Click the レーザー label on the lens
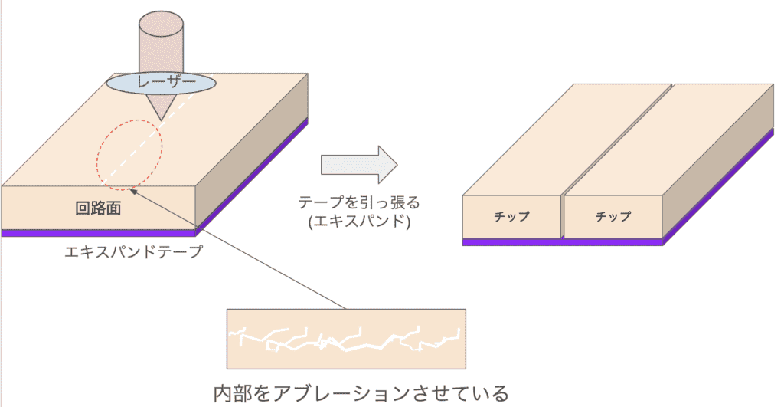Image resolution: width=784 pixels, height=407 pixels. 161,82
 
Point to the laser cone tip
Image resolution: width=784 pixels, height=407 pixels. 160,117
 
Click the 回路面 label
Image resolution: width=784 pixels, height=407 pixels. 99,208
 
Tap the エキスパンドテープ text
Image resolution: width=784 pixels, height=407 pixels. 133,251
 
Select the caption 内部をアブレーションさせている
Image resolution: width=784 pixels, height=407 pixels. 360,394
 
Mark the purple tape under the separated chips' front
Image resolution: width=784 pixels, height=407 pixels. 563,241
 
